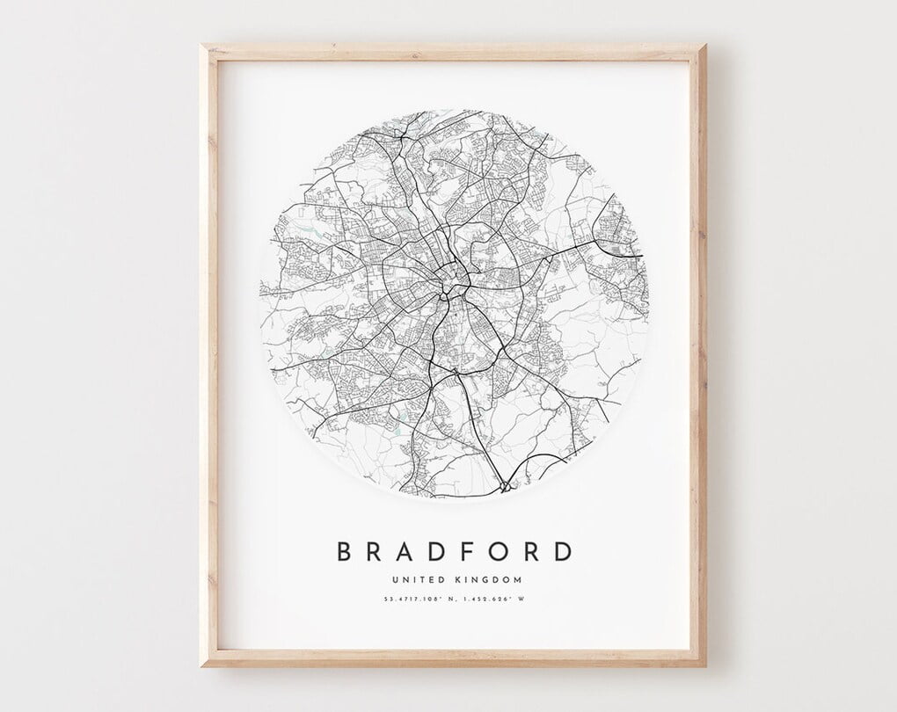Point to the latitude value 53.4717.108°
coord(412,600)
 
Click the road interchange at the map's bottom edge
coord(504,483)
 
